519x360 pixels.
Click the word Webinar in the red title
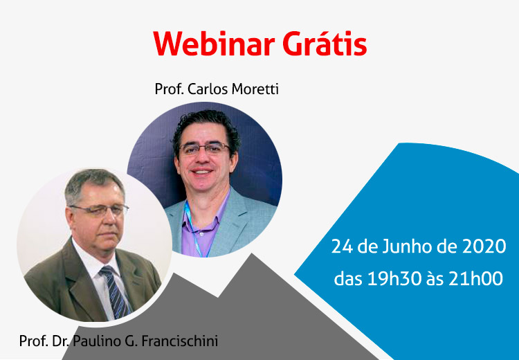click(214, 44)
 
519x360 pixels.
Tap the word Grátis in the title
click(325, 43)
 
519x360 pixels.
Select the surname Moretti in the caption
click(255, 89)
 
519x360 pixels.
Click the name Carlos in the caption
click(208, 89)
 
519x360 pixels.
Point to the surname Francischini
click(180, 341)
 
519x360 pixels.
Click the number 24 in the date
click(343, 246)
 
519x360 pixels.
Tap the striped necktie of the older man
click(115, 291)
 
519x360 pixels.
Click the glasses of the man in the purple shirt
click(204, 148)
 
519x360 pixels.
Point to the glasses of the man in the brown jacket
click(99, 209)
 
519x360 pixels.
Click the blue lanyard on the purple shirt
click(194, 228)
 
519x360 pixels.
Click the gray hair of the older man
click(93, 183)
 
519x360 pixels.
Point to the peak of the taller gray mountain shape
click(252, 254)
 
